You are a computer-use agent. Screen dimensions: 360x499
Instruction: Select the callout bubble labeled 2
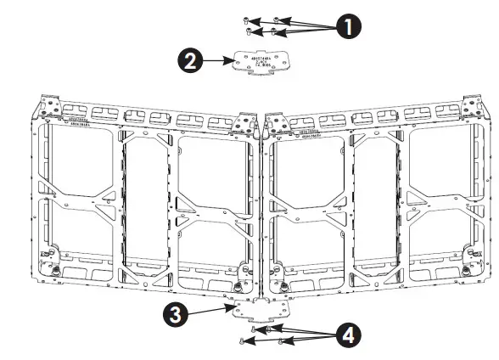click(190, 61)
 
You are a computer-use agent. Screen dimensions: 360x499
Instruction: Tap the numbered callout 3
click(175, 315)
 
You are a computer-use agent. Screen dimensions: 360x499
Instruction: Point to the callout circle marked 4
click(345, 335)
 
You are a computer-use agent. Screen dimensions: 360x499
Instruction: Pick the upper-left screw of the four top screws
click(245, 20)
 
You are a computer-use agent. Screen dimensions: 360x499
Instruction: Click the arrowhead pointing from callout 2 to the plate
click(227, 61)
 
